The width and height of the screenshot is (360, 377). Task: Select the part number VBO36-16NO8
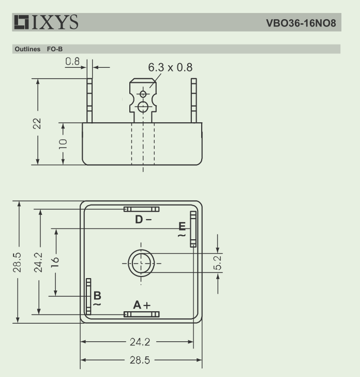click(x=301, y=23)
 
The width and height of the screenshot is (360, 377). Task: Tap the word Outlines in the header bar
click(x=27, y=49)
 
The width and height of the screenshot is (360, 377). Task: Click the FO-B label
click(x=55, y=49)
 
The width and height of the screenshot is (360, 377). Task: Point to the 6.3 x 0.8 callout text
click(x=170, y=67)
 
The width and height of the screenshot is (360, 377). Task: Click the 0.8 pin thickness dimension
click(x=72, y=61)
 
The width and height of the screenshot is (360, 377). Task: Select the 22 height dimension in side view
click(x=37, y=124)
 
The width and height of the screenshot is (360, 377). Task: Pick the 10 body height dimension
click(x=63, y=144)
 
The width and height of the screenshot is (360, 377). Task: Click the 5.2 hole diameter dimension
click(x=218, y=263)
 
